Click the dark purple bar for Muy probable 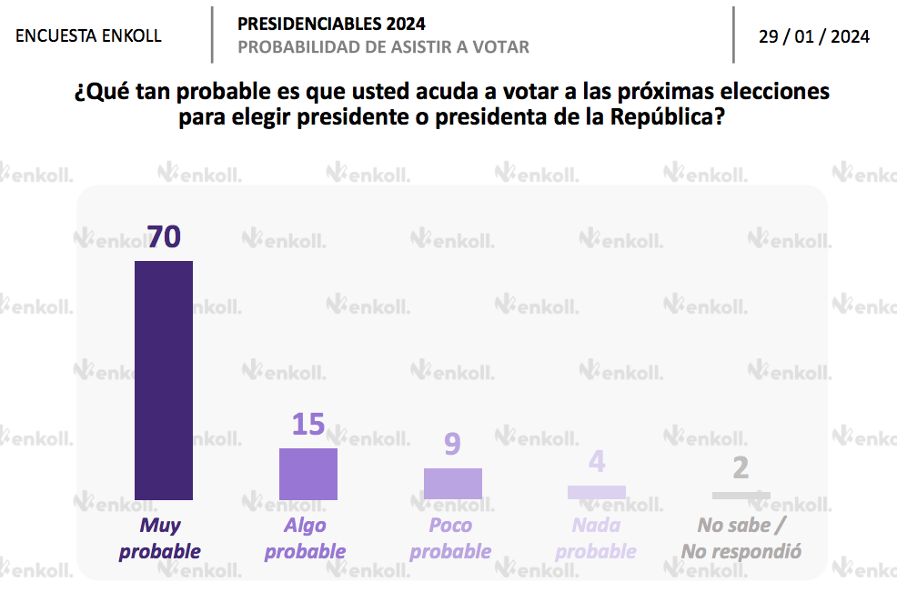coord(164,380)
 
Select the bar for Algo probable coord(308,474)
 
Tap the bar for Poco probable coord(453,484)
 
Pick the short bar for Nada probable coord(597,492)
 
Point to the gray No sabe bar coord(741,496)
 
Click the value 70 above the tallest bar coord(165,237)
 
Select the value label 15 coord(308,425)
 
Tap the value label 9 coord(452,445)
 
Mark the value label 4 coord(597,462)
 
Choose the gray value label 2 coord(741,468)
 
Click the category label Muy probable coord(160,538)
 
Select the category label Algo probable coord(306,538)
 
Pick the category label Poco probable coord(450,538)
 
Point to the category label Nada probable coord(596,538)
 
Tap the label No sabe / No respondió coord(741,538)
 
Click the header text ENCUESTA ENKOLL coord(89,36)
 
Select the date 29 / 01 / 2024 coord(814,36)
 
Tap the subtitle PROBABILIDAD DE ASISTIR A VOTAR coord(383,47)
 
